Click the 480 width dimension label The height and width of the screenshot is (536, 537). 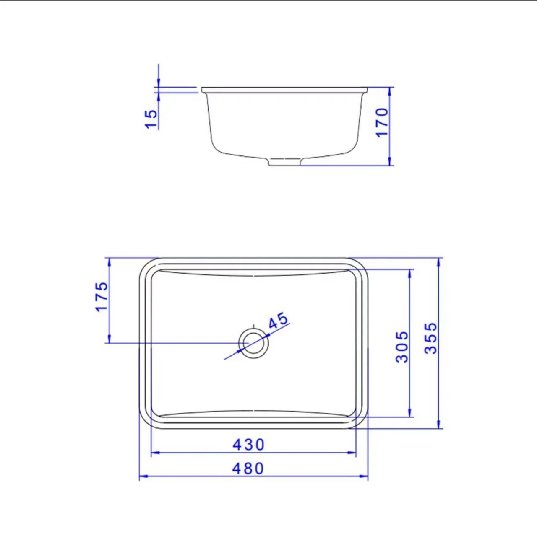click(x=248, y=469)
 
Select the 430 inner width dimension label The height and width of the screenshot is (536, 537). click(x=248, y=445)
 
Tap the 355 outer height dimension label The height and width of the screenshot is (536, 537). click(x=431, y=338)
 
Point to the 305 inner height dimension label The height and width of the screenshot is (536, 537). click(x=402, y=347)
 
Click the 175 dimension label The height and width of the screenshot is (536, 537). click(x=102, y=296)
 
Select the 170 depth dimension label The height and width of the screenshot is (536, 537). click(x=382, y=122)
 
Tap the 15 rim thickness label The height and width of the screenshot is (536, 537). click(x=151, y=119)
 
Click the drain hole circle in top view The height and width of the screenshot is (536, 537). click(x=253, y=342)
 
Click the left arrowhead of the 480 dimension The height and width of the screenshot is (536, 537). click(x=142, y=476)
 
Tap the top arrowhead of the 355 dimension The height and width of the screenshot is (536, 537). click(x=439, y=261)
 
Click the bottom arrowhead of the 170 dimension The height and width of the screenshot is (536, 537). click(x=390, y=162)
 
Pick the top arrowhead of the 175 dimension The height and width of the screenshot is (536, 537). click(x=109, y=261)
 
